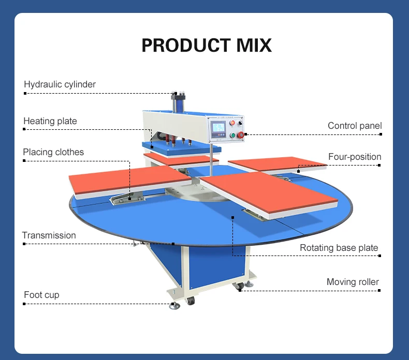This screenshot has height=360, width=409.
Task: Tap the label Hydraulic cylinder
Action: point(60,84)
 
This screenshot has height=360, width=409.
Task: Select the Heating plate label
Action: point(50,121)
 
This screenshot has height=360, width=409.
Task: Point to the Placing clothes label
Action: point(53,152)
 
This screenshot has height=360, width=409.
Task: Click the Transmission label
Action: point(49,235)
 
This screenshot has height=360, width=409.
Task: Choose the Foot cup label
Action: point(41,295)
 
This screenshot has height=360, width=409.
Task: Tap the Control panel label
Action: point(355,126)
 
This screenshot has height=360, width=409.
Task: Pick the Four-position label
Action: point(355,157)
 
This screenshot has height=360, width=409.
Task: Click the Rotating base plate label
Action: point(339,248)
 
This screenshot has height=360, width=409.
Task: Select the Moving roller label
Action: point(353,282)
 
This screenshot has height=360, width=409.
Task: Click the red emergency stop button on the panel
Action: point(241,134)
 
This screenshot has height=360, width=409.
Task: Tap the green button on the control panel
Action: point(233,136)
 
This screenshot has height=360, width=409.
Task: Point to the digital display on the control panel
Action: point(218,128)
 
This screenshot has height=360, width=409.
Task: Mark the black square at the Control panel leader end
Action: point(381,134)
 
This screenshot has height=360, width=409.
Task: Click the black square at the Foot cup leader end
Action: point(25,304)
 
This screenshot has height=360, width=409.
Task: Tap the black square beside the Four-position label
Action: point(379,165)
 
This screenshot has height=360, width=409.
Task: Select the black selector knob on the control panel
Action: point(240,123)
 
